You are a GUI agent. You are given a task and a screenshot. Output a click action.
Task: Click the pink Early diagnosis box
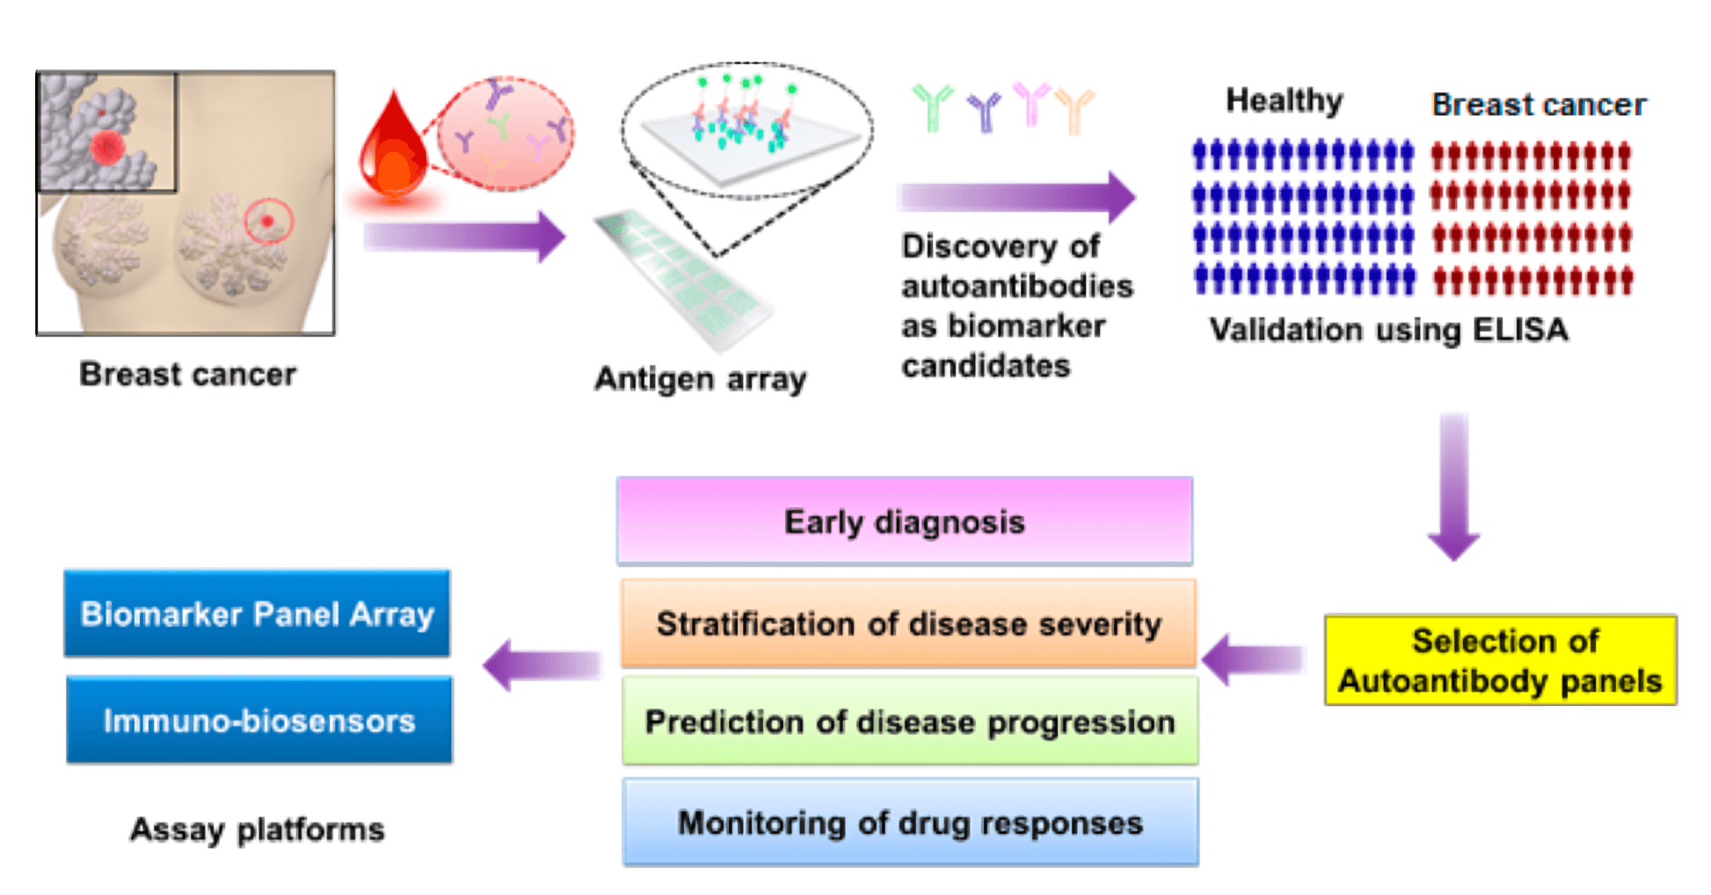[905, 521]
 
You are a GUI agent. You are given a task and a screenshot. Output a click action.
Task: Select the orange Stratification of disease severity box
[908, 623]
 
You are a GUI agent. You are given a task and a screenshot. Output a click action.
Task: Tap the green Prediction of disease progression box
[910, 722]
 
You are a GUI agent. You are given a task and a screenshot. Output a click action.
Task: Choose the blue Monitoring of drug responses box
[910, 823]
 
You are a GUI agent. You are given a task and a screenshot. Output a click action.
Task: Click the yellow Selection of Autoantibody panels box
[1500, 660]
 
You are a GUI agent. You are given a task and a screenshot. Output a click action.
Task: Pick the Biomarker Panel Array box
[257, 614]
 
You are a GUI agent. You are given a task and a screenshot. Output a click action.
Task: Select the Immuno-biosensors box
[259, 720]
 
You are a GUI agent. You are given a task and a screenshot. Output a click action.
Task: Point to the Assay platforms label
[257, 829]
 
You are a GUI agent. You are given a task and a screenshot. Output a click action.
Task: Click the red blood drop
[393, 149]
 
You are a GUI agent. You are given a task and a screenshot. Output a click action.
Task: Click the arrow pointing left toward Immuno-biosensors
[542, 666]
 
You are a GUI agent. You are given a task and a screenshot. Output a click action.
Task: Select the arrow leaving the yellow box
[1253, 659]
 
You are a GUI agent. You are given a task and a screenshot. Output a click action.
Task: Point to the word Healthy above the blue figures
[1284, 101]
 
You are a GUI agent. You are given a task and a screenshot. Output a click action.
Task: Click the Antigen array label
[700, 379]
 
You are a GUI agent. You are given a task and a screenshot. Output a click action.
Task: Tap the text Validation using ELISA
[1388, 330]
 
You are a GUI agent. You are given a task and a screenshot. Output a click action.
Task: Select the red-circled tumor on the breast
[267, 221]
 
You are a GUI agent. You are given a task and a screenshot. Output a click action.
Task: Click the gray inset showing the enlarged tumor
[106, 132]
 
